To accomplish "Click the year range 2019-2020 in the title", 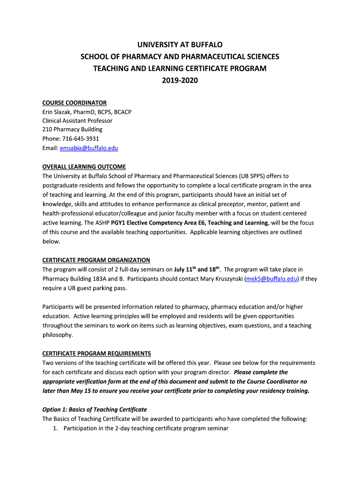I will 180,81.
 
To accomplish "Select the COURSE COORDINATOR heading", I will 74,102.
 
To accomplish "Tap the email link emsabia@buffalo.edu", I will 89,148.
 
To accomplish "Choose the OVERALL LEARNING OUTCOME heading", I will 84,167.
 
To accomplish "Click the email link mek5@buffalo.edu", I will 272,279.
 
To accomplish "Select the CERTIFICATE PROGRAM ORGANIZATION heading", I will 96,260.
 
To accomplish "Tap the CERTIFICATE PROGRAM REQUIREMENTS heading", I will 97,354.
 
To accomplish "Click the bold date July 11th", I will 186,269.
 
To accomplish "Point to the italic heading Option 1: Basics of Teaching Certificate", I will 94,410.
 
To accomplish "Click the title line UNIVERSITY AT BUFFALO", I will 180,45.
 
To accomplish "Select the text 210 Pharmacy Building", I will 72,130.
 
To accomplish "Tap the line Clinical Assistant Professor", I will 77,121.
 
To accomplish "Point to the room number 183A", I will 97,279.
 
